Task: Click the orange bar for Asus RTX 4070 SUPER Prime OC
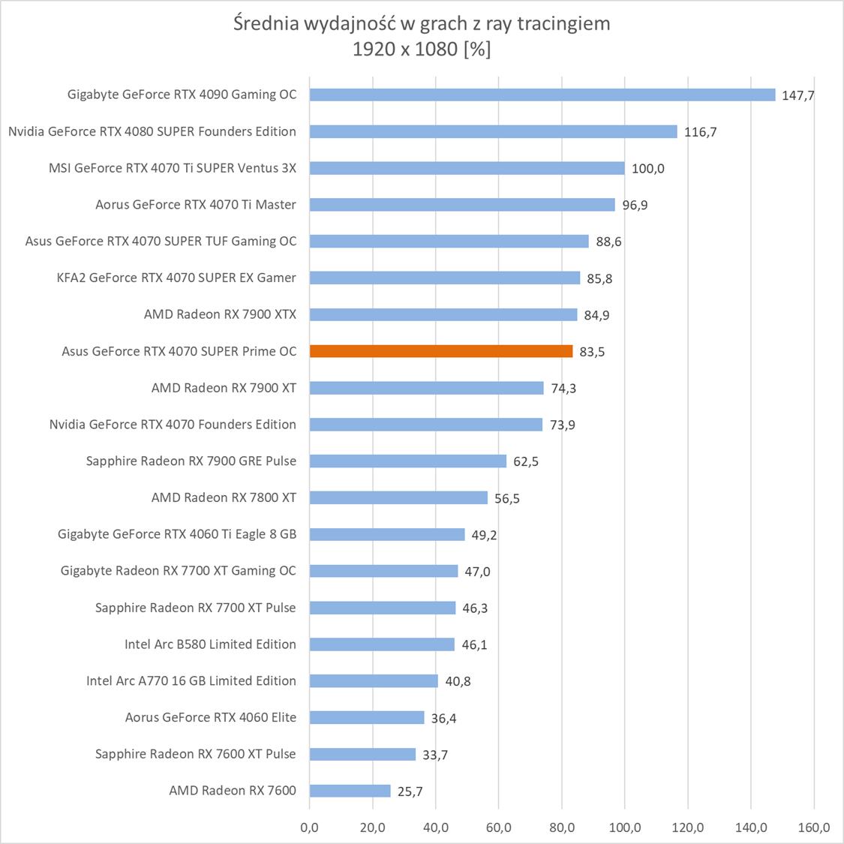coord(441,351)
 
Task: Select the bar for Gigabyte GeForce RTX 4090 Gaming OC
coord(542,95)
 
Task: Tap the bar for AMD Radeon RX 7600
coord(350,791)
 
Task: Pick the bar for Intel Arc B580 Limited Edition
coord(382,644)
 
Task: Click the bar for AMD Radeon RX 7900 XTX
coord(443,314)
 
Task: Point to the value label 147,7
coord(797,96)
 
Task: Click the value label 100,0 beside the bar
coord(647,169)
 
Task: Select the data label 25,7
coord(410,791)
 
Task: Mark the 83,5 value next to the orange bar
coord(592,352)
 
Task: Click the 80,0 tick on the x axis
coord(562,827)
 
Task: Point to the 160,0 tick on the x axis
coord(814,827)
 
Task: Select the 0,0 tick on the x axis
coord(309,827)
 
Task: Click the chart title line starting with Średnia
coord(422,24)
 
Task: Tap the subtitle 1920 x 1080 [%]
coord(422,50)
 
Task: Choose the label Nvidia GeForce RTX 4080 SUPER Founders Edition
coord(152,131)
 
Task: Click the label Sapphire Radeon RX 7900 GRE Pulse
coord(191,461)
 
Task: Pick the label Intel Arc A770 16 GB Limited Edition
coord(191,680)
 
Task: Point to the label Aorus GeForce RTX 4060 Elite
coord(210,717)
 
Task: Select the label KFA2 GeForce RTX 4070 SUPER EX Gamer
coord(176,278)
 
